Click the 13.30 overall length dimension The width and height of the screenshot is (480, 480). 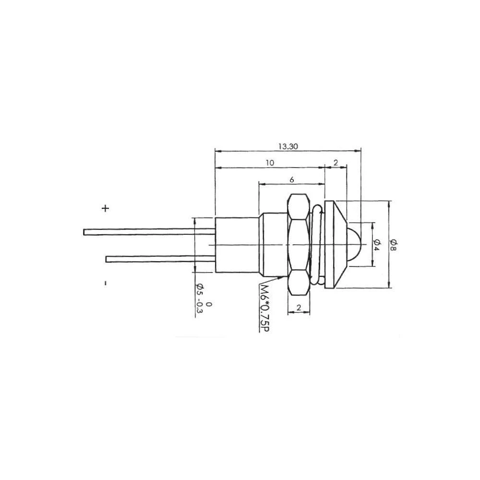point(288,146)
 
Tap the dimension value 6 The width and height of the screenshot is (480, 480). point(292,179)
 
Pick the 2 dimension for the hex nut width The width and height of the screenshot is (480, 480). point(299,308)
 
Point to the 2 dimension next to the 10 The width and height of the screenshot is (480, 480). point(336,163)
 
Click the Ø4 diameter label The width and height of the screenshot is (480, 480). point(377,244)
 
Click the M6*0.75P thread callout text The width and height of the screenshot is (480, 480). point(263,307)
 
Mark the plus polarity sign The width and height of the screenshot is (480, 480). point(106,208)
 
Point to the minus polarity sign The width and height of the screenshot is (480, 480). point(105,283)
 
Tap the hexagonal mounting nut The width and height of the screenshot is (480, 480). point(299,244)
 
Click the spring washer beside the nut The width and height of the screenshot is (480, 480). point(317,244)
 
